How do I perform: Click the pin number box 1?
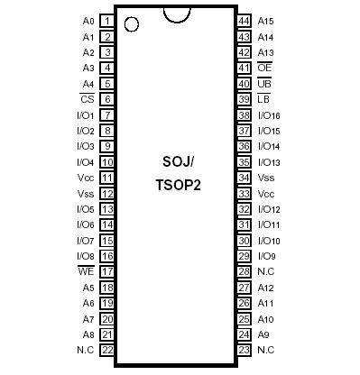(x=106, y=20)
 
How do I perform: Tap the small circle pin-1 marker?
(x=132, y=24)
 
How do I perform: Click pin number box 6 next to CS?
(x=106, y=98)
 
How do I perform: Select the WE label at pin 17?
(x=87, y=270)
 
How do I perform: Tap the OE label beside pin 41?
(x=264, y=68)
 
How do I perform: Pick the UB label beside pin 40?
(x=264, y=83)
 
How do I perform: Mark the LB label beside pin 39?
(x=264, y=98)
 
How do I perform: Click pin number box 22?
(x=106, y=349)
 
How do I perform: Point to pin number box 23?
(x=244, y=349)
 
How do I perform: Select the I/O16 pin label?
(x=270, y=114)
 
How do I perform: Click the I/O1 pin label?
(x=85, y=114)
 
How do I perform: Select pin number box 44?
(x=244, y=20)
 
